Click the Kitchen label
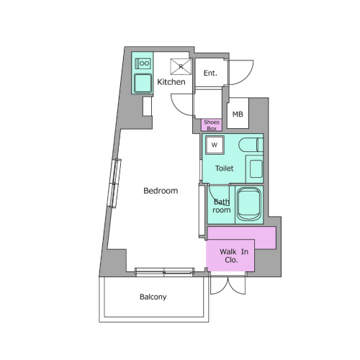(171, 82)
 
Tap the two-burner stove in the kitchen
(143, 63)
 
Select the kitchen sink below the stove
(143, 83)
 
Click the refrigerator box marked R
(181, 66)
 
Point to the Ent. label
(210, 73)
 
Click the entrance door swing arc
(247, 77)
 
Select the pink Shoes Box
(212, 125)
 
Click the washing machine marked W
(215, 145)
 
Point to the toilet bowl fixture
(251, 145)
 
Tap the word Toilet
(224, 168)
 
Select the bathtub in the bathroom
(248, 204)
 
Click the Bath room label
(222, 206)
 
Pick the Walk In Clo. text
(233, 256)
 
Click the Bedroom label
(161, 191)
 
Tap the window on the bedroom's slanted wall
(115, 183)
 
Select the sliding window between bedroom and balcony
(164, 271)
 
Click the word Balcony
(153, 297)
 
